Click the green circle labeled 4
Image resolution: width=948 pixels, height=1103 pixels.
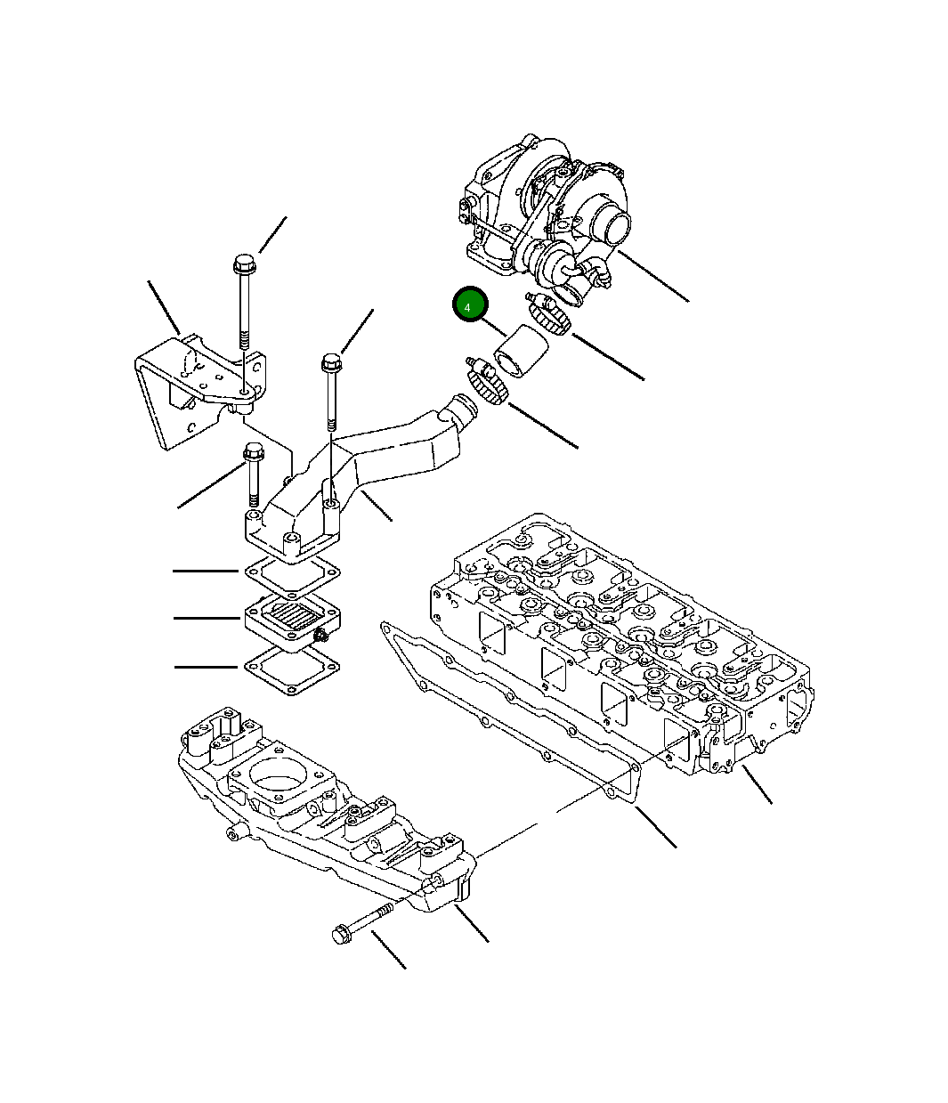(468, 305)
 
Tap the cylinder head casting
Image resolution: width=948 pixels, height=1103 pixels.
(623, 641)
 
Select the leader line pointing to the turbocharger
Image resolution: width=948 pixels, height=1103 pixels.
(653, 277)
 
